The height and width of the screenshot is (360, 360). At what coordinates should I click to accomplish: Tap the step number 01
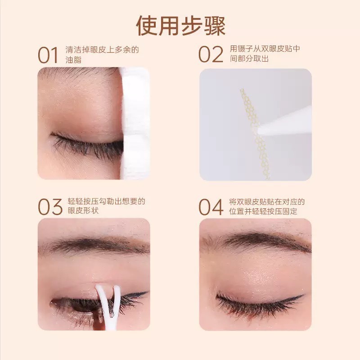[x=48, y=55]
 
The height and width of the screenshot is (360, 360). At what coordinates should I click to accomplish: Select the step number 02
[x=211, y=55]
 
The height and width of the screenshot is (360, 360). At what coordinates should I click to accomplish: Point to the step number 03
[x=49, y=207]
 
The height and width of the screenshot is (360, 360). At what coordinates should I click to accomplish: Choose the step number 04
[x=211, y=207]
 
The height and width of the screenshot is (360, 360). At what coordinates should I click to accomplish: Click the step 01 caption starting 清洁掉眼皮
[x=102, y=54]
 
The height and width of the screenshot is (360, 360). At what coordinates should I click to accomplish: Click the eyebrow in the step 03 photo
[x=94, y=245]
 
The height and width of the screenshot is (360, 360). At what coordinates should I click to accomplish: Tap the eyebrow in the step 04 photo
[x=256, y=241]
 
